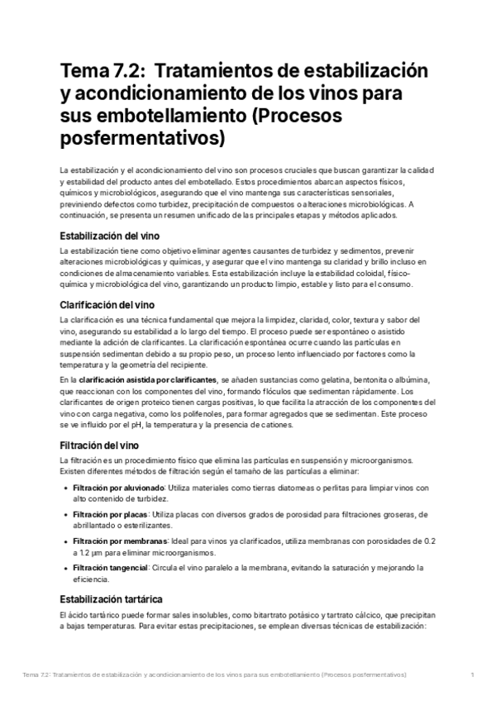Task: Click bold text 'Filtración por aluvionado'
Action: tap(117, 489)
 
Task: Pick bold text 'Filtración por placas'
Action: tap(109, 515)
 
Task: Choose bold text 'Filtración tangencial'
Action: tap(110, 567)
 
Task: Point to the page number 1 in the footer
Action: tap(470, 675)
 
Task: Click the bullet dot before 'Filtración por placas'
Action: tap(65, 515)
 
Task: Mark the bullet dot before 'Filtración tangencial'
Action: tap(65, 567)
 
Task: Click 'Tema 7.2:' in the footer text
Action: tap(40, 675)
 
